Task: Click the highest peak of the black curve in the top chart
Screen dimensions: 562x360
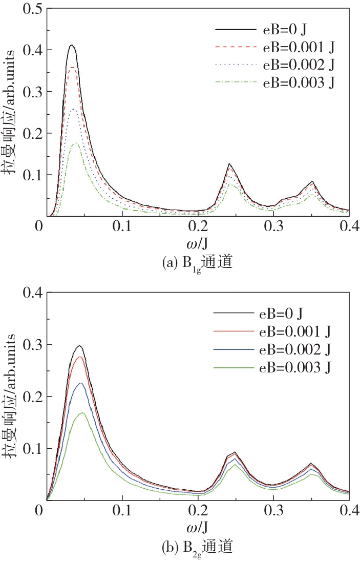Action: [x=72, y=46]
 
